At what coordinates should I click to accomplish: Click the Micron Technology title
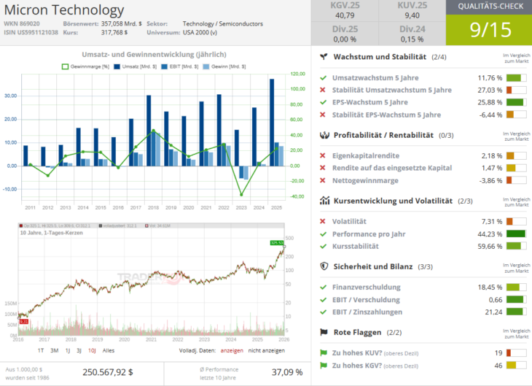coord(64,10)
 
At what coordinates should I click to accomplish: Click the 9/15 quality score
coord(488,31)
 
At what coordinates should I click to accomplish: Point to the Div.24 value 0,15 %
coord(412,39)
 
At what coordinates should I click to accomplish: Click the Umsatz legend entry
coord(132,66)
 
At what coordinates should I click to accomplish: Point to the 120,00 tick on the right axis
coord(297,74)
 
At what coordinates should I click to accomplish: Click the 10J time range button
coord(92,350)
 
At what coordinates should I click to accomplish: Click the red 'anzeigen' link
coord(231,350)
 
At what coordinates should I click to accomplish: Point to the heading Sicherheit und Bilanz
coord(372,267)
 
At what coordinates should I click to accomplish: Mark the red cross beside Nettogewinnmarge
coord(323,180)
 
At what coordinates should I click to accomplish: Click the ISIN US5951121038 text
coord(31,33)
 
